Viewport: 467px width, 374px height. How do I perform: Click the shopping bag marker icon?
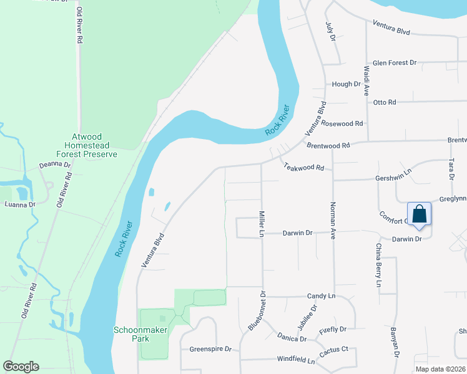pos(420,214)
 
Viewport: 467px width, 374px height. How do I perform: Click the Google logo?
pos(21,367)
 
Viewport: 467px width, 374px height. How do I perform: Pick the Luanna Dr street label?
pos(20,204)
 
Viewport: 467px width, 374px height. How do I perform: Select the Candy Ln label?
pos(321,296)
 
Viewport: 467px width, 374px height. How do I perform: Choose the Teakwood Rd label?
pos(304,167)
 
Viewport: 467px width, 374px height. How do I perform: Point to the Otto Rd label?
pos(384,102)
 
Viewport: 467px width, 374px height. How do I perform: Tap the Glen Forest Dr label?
pos(394,63)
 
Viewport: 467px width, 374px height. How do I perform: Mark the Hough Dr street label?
pos(347,84)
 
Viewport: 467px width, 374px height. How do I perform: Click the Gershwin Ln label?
pos(394,178)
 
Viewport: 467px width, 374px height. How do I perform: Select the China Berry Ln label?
pos(378,265)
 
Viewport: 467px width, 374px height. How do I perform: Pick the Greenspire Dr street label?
pos(210,349)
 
